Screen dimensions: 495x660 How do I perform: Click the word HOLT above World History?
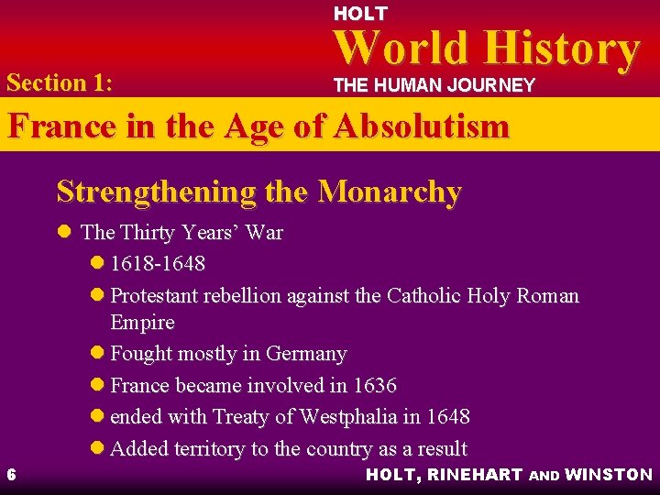click(x=360, y=14)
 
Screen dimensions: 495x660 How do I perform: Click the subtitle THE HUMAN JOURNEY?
click(x=434, y=85)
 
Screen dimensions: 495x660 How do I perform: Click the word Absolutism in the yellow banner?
click(x=421, y=126)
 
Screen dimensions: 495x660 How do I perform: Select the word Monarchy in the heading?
click(x=390, y=192)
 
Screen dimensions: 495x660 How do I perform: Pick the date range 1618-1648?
click(x=158, y=264)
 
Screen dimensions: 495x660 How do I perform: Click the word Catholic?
click(x=425, y=295)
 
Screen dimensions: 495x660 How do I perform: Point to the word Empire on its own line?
click(x=142, y=322)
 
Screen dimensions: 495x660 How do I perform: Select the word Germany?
click(x=306, y=354)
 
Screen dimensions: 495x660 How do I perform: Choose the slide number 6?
click(x=10, y=474)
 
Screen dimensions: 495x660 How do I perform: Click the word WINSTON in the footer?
click(x=609, y=475)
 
